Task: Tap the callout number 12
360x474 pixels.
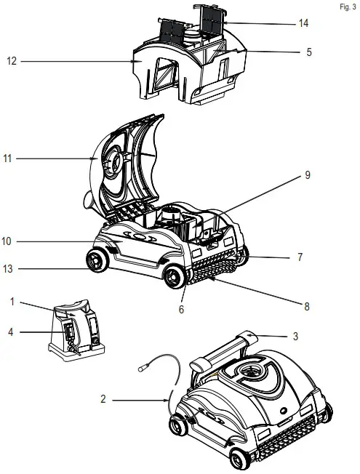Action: point(10,63)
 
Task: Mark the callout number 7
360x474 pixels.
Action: point(299,257)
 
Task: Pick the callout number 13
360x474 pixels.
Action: point(10,269)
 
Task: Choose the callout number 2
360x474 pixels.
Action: point(105,399)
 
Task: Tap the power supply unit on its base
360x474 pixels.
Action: point(76,331)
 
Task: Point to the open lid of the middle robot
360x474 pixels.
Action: point(124,164)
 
